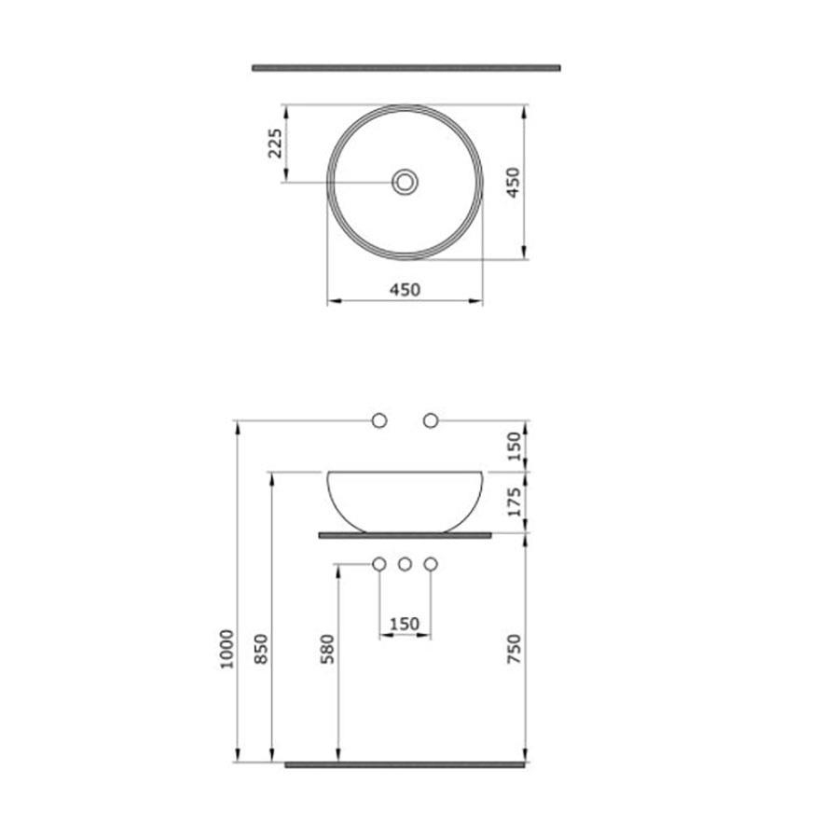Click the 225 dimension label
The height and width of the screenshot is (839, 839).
click(x=275, y=144)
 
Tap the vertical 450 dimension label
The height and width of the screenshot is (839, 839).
click(x=513, y=183)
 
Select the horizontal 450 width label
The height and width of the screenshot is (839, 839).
click(x=406, y=290)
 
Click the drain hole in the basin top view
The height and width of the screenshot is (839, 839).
click(x=405, y=182)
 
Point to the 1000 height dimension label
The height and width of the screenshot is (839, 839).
click(x=227, y=649)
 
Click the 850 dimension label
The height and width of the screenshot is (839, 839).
click(x=261, y=649)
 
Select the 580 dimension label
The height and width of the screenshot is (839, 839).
click(x=327, y=649)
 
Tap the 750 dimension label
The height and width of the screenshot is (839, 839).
click(x=514, y=649)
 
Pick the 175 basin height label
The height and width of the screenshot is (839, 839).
click(x=514, y=502)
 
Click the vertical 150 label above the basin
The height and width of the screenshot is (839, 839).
click(x=514, y=447)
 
